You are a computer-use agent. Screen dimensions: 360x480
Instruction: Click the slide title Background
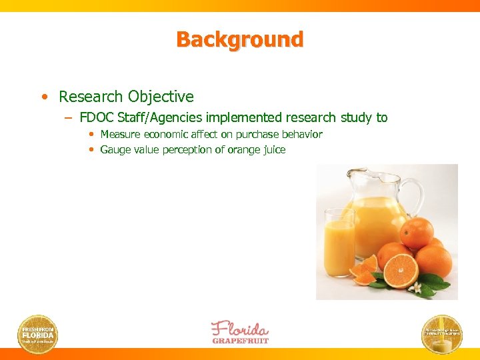click(239, 39)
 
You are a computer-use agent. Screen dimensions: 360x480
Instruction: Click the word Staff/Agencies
click(160, 118)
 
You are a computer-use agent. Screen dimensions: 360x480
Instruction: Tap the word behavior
click(299, 135)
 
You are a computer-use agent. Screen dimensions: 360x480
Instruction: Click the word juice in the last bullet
click(273, 150)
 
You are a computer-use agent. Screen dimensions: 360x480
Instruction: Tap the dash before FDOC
click(69, 119)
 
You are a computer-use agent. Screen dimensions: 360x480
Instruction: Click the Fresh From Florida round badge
click(37, 333)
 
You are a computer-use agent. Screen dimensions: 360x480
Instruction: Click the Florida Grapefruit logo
click(240, 332)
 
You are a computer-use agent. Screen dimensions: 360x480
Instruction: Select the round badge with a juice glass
click(442, 333)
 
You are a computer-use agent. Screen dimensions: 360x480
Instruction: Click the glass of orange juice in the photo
click(339, 243)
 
